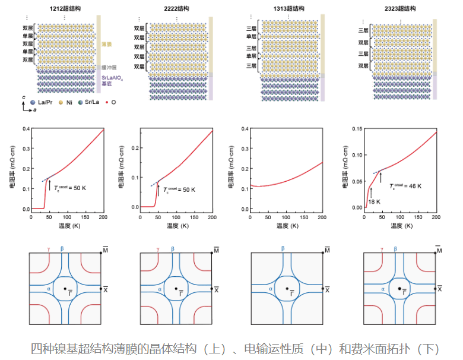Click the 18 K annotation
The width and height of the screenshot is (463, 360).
pos(373,201)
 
